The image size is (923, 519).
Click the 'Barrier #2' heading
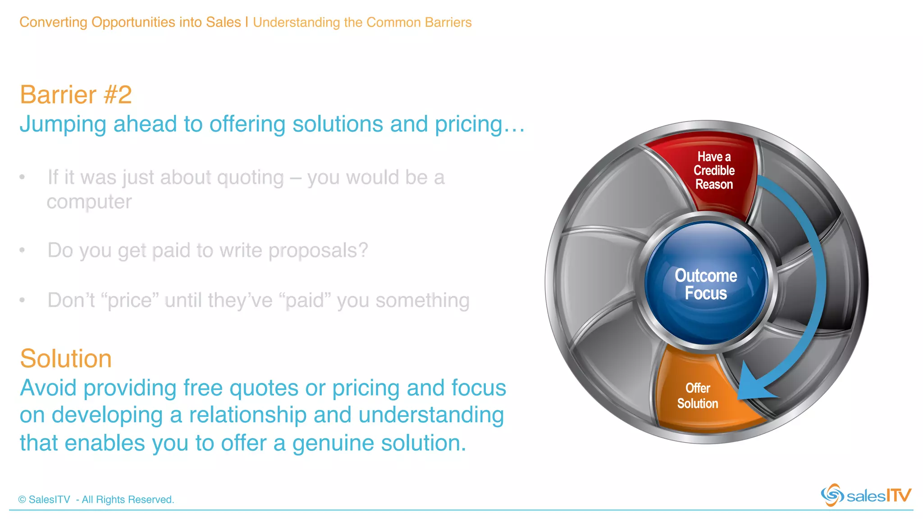76,95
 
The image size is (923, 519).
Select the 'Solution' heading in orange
66,359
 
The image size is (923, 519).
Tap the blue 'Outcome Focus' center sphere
706,284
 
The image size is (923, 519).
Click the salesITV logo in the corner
865,495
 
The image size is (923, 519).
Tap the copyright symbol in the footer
22,500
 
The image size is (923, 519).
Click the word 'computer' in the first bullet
89,202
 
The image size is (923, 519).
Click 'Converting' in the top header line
53,22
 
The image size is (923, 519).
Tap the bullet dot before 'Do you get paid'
22,250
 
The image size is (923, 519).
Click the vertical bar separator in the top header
247,22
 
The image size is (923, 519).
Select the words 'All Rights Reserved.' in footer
128,500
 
